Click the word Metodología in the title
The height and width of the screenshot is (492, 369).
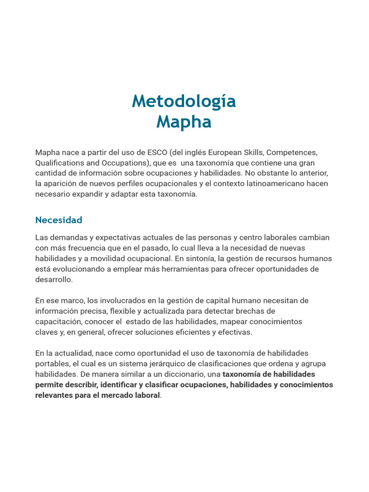click(184, 101)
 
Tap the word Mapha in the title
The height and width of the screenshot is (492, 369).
click(184, 122)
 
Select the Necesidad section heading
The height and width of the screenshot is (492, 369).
click(59, 220)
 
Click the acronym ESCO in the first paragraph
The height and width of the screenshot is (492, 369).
click(158, 152)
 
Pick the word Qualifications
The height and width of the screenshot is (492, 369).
click(59, 163)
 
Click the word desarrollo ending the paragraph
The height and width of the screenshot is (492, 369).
click(53, 279)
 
